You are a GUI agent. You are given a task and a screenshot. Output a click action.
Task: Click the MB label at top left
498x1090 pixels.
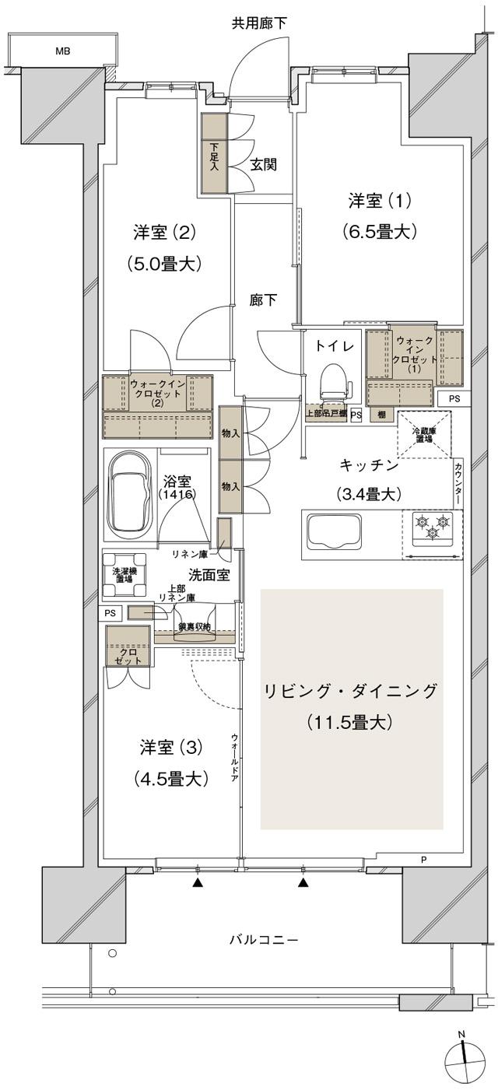[62, 51]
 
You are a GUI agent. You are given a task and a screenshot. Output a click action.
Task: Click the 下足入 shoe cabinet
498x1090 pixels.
[213, 154]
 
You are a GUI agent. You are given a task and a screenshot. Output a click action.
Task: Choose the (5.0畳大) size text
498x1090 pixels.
[164, 264]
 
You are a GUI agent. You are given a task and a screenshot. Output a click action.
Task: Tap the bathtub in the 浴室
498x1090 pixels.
[129, 494]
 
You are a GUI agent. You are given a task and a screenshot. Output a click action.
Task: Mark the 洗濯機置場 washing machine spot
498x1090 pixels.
[124, 574]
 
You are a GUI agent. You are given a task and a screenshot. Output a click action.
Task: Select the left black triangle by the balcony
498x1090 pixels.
[198, 883]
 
